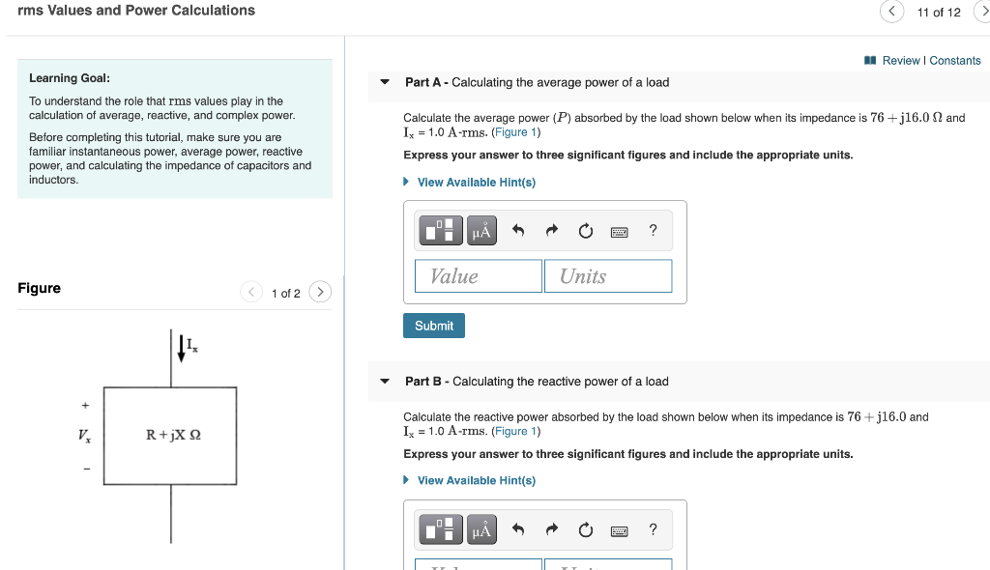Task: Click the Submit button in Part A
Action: (434, 326)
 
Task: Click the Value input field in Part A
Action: (479, 276)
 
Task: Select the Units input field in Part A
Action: (607, 276)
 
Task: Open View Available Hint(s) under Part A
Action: (476, 182)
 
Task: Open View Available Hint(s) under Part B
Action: (476, 480)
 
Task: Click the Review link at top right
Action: (900, 60)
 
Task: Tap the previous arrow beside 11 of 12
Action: (892, 12)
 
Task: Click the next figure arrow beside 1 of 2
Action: (321, 292)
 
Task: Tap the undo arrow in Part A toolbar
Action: (518, 231)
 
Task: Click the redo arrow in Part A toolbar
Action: (552, 231)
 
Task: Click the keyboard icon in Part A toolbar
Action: (620, 231)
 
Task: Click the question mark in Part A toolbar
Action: (654, 230)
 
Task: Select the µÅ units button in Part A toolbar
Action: (480, 231)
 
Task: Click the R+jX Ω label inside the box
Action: (174, 435)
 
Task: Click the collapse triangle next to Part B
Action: (385, 382)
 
